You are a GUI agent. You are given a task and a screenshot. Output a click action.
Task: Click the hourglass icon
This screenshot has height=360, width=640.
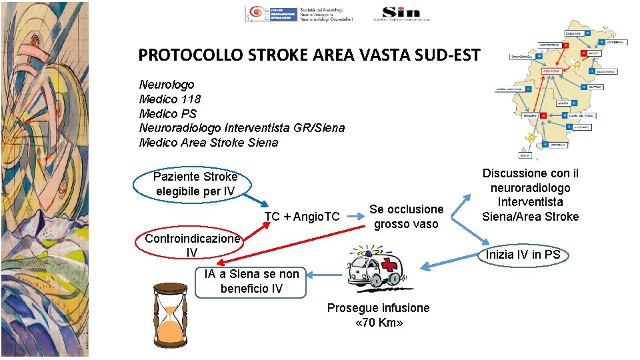[x=170, y=315]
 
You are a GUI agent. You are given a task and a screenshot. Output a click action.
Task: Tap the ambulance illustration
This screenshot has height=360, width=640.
[x=377, y=267]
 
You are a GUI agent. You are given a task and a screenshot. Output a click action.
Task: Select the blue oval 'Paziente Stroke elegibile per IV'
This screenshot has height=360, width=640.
[x=195, y=184]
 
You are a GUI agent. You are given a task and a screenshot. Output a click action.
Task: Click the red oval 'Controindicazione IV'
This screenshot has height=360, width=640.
[x=192, y=245]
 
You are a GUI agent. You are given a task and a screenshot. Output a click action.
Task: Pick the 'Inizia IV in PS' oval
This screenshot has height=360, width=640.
[x=523, y=255]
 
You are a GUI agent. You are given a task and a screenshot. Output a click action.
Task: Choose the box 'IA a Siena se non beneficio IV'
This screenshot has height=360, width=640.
[x=251, y=281]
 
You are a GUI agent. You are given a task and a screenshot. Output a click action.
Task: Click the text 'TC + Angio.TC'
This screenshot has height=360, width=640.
[x=302, y=217]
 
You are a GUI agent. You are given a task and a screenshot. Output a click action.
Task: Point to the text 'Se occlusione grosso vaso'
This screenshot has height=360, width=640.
[x=406, y=217]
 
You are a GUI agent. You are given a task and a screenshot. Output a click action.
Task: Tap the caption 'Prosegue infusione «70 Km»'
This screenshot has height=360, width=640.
[x=378, y=315]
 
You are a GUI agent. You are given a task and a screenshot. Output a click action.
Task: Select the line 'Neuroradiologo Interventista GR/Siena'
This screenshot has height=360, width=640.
[x=242, y=128]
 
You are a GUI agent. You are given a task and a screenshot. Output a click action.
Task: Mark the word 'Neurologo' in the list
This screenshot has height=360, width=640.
[x=167, y=85]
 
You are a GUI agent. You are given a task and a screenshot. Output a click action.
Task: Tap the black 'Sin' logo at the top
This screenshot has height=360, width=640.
[x=401, y=12]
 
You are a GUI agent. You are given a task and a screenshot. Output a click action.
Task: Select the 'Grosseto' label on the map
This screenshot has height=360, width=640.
[x=525, y=115]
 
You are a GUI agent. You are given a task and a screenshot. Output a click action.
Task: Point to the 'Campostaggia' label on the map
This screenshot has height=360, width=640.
[x=523, y=57]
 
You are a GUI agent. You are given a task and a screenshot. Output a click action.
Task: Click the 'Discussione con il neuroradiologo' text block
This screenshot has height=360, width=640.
[x=531, y=195]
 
